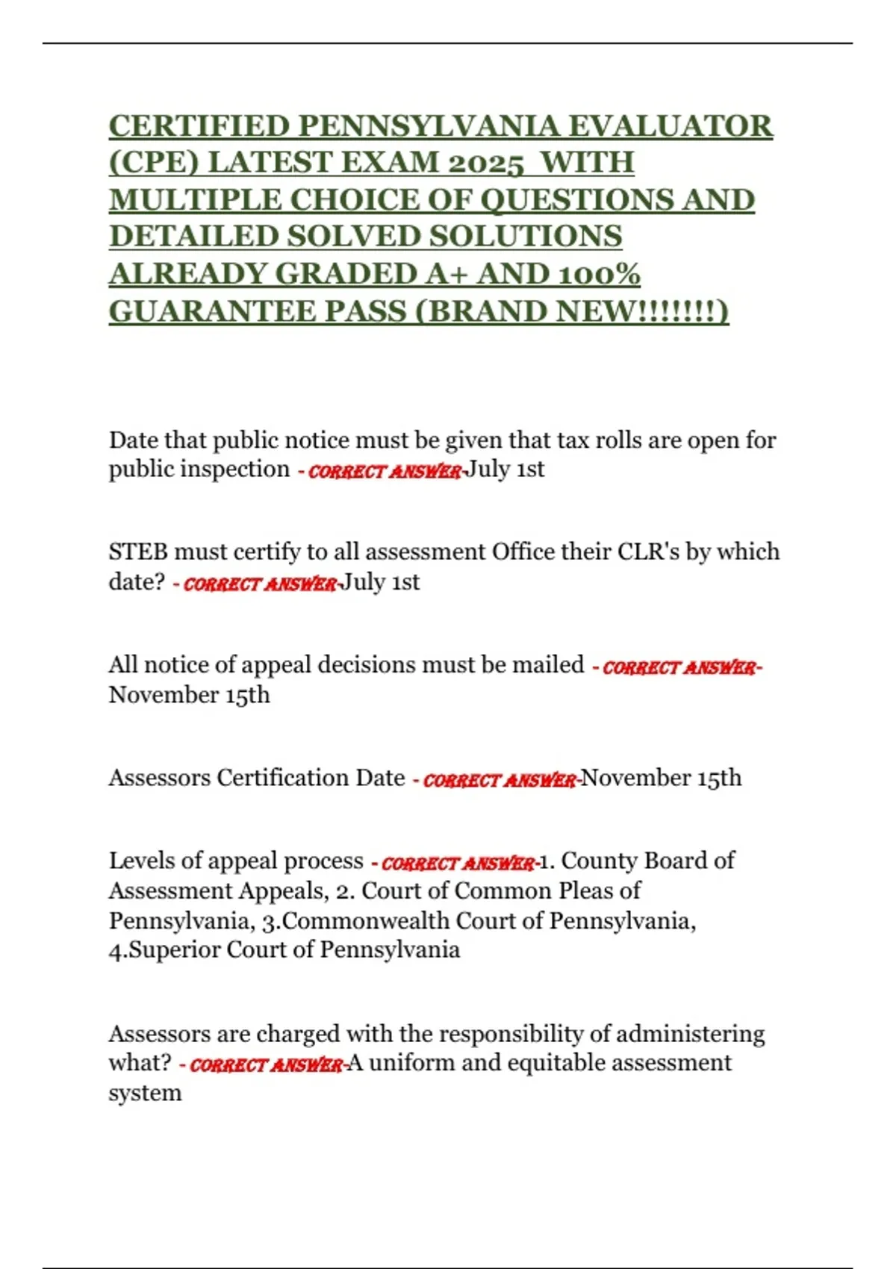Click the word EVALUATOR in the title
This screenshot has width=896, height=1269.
(x=670, y=126)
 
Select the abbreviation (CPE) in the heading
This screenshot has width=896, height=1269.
(x=153, y=163)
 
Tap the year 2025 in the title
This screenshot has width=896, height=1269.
(x=483, y=163)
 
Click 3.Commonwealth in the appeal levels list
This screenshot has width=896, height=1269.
(x=354, y=920)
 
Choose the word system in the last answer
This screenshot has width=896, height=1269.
(x=145, y=1093)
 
